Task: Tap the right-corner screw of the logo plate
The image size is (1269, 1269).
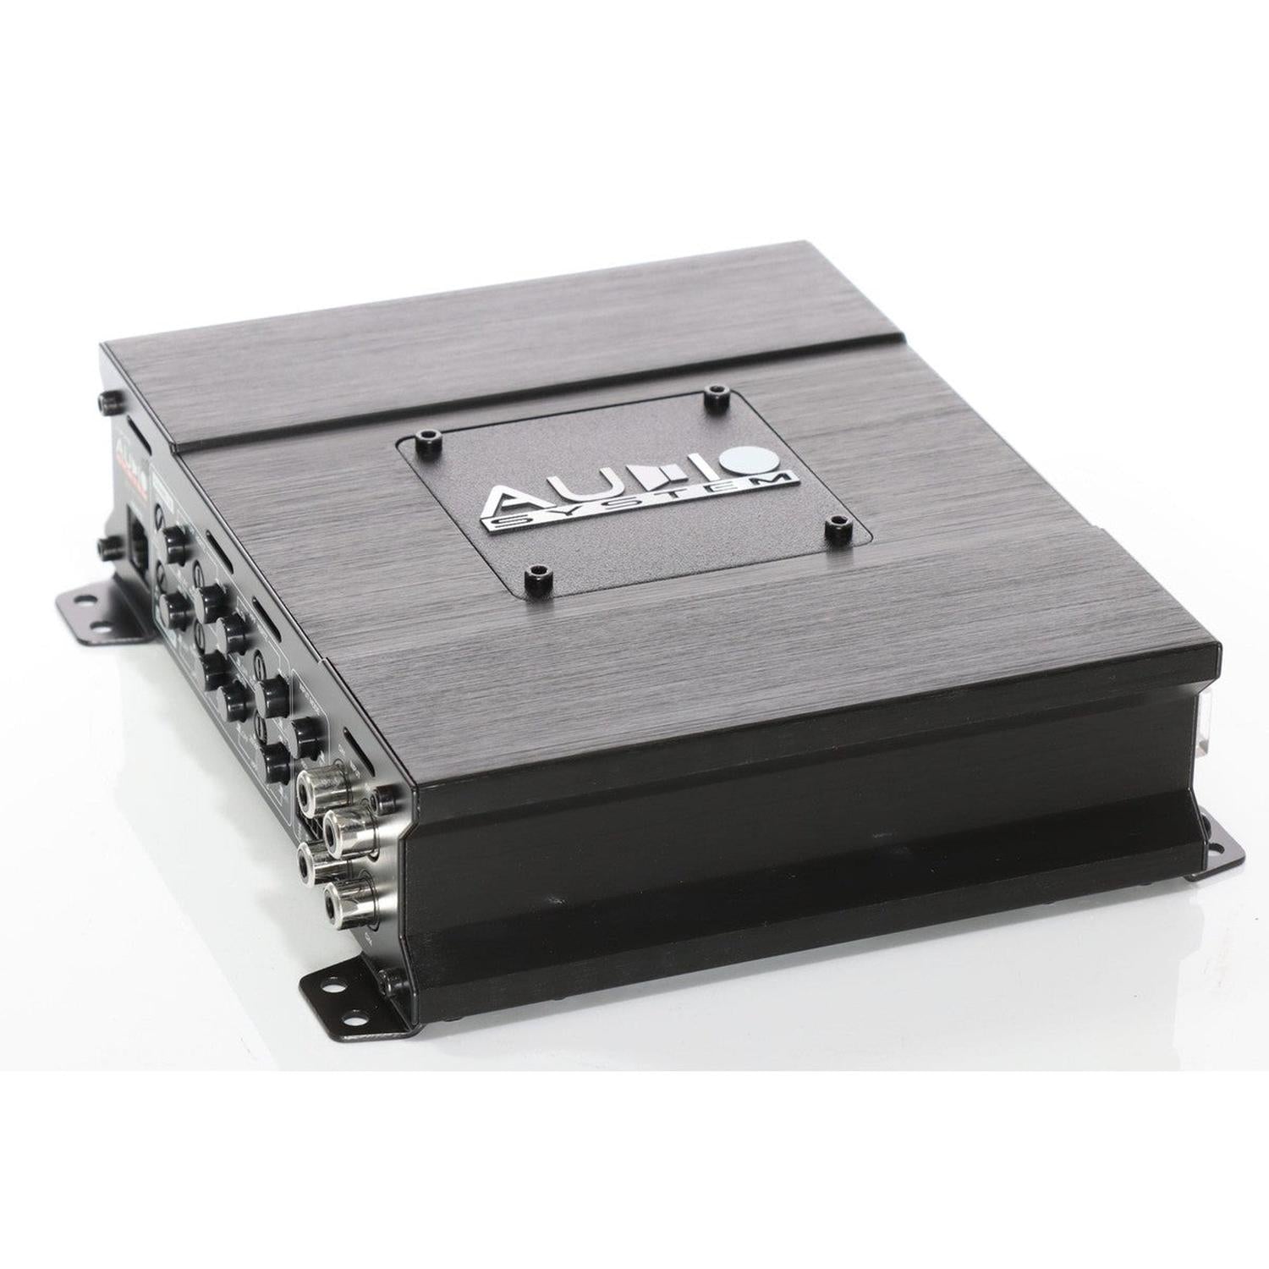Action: point(838,526)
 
